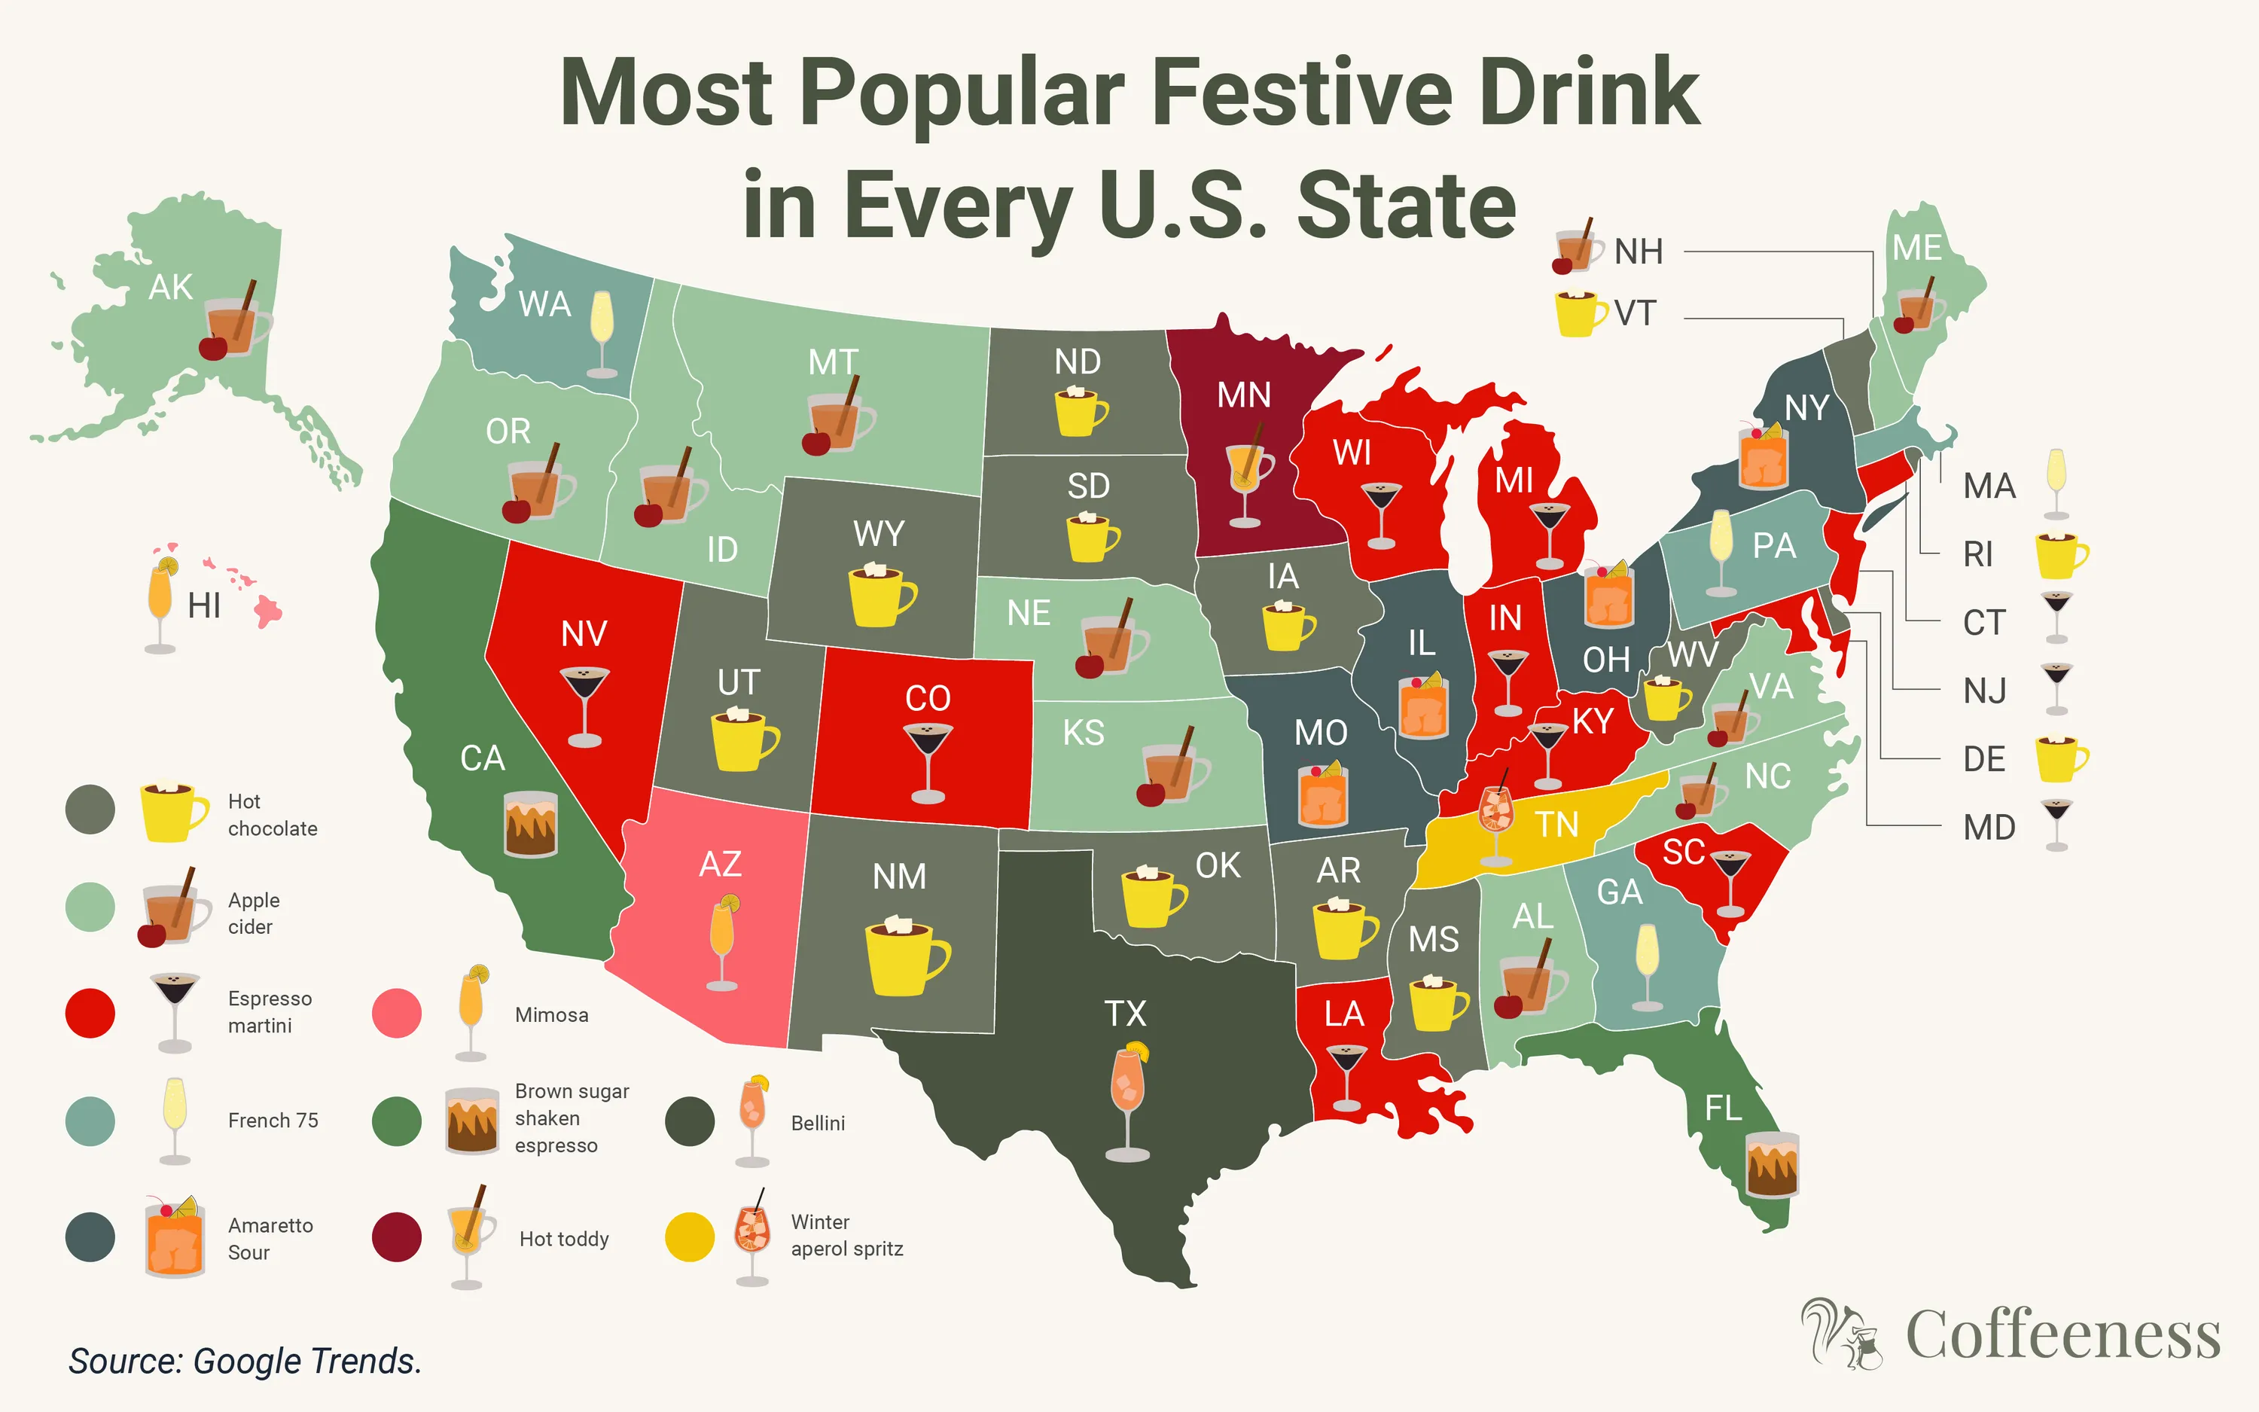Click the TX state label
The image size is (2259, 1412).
coord(1125,1013)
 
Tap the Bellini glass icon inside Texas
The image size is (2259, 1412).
coord(1128,1102)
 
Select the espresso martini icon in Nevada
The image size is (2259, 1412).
coord(584,705)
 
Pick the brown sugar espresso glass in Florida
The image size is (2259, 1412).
coord(1771,1164)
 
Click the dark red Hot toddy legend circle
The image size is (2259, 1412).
coord(397,1237)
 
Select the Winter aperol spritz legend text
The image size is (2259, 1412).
coord(846,1236)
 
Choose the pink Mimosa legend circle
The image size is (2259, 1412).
coord(397,1013)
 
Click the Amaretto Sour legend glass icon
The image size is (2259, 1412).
coord(175,1237)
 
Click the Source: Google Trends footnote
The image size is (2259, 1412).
coord(245,1361)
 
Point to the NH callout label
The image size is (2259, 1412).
coord(1639,252)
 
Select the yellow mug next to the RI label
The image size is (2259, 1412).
coord(2060,555)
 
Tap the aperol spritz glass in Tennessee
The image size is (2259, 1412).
coord(1495,817)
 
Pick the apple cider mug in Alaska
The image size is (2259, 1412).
coord(233,322)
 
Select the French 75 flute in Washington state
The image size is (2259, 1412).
coord(602,331)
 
